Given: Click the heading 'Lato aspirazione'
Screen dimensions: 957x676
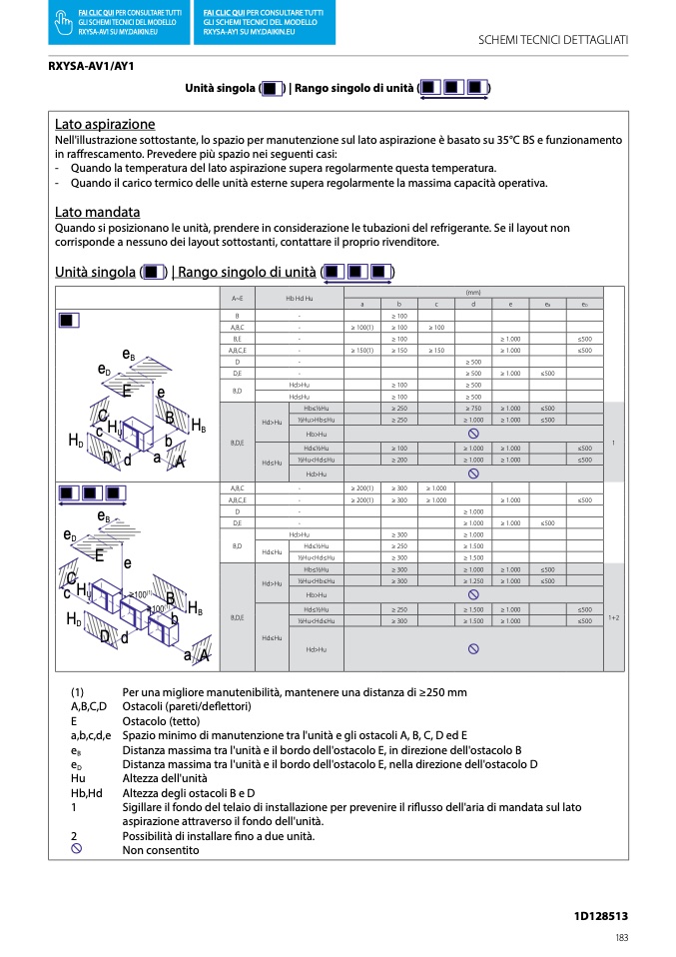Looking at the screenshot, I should pyautogui.click(x=105, y=125).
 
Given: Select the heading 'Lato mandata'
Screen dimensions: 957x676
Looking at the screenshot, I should pyautogui.click(x=97, y=213).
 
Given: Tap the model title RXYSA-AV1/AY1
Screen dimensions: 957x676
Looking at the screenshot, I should pyautogui.click(x=91, y=66).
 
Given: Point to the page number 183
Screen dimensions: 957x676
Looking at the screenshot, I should pyautogui.click(x=621, y=937).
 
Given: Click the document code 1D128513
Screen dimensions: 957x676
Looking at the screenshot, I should pyautogui.click(x=600, y=915).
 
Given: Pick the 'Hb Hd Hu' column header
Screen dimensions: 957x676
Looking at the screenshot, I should pyautogui.click(x=300, y=299).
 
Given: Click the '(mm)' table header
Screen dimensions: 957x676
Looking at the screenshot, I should pyautogui.click(x=472, y=293).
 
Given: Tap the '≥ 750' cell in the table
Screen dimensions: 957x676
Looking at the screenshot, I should pyautogui.click(x=473, y=409).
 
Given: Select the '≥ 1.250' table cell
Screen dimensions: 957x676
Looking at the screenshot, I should pyautogui.click(x=473, y=581).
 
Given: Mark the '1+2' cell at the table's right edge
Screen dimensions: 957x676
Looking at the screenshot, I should pyautogui.click(x=613, y=617).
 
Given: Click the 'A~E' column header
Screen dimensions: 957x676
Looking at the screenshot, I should pyautogui.click(x=237, y=299).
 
